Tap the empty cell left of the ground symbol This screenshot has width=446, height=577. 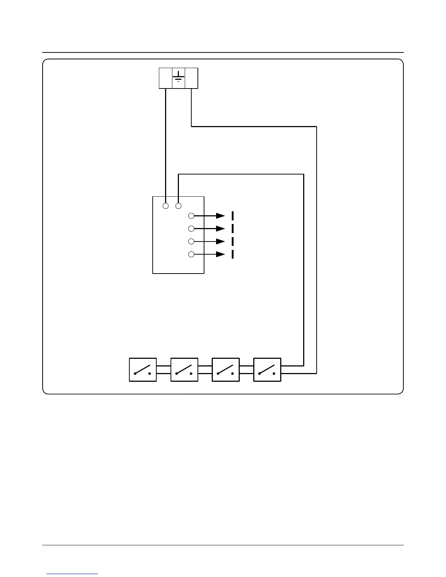tap(165, 78)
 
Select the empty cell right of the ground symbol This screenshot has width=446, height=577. tap(191, 78)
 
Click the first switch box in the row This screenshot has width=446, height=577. tap(143, 370)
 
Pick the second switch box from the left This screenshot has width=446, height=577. tap(184, 370)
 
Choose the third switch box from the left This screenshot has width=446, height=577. tap(226, 370)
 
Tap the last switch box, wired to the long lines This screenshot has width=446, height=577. tap(267, 370)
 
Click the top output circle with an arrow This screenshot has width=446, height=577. tap(191, 216)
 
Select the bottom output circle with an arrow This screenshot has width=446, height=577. tap(191, 254)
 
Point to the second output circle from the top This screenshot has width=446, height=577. tap(191, 228)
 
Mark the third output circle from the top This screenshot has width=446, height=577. tap(191, 242)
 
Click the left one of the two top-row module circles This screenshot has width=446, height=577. tap(166, 206)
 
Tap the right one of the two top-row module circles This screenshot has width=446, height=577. tap(179, 206)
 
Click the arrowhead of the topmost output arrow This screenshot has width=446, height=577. tap(221, 216)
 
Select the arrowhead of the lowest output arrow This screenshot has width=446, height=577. tap(221, 254)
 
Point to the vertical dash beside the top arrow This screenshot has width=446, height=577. tap(232, 216)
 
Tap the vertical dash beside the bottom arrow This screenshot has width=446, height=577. tap(232, 254)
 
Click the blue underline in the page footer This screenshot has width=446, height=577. tap(72, 574)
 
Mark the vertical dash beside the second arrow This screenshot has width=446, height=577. tap(232, 228)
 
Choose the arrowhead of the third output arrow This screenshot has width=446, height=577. tap(221, 242)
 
